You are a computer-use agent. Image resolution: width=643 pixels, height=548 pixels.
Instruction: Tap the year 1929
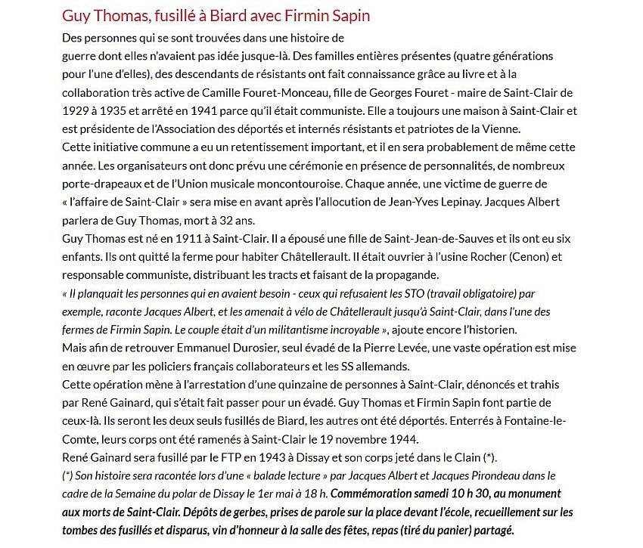point(75,111)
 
